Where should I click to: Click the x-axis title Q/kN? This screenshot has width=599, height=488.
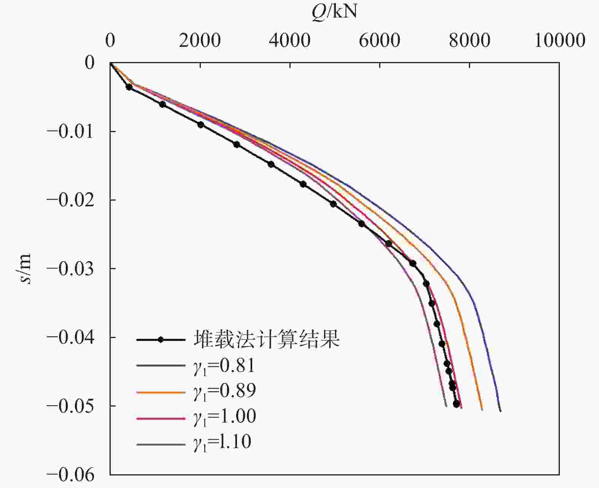[334, 12]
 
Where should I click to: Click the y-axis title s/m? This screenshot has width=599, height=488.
[25, 269]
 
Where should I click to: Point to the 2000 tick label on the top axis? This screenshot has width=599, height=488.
[200, 40]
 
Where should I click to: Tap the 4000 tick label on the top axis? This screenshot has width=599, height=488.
[290, 40]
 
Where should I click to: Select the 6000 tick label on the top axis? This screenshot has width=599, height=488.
[380, 40]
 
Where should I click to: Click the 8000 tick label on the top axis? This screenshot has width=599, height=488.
[469, 40]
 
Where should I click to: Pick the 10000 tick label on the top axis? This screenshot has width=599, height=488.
[559, 40]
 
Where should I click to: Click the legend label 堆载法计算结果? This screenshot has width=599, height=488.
[266, 339]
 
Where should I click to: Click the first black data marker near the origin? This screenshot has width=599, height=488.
[129, 87]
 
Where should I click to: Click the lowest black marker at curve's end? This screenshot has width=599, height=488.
[456, 404]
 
